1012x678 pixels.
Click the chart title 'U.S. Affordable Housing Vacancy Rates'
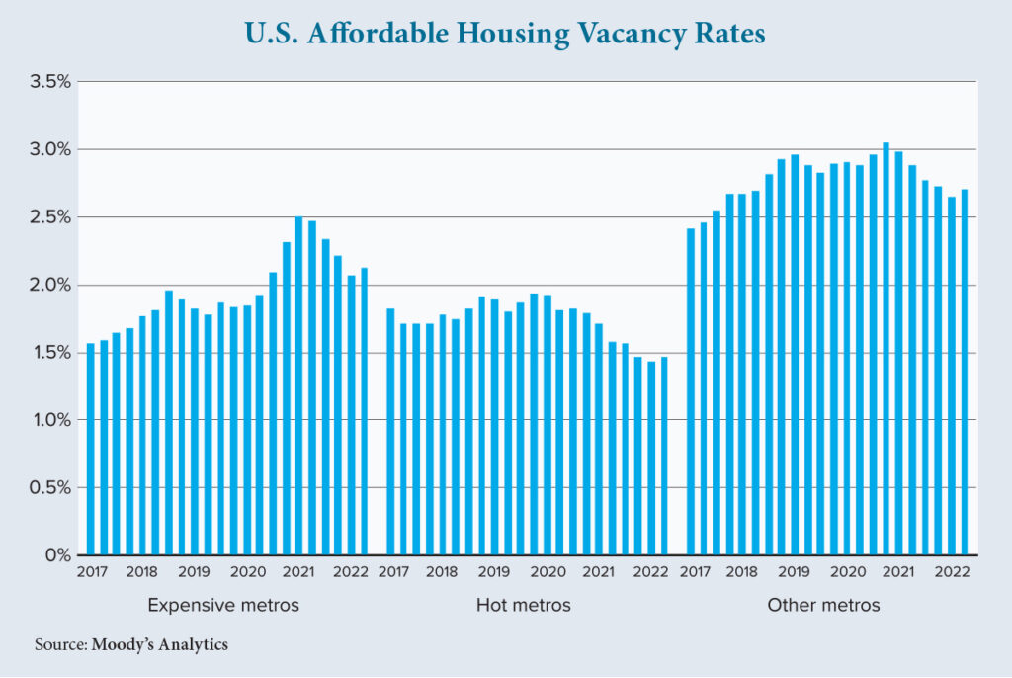(x=505, y=34)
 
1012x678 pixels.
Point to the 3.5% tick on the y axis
(x=50, y=81)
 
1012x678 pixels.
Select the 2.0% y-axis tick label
(x=50, y=285)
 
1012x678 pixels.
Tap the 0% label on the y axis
(x=59, y=555)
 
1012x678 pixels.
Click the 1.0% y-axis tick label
(x=50, y=420)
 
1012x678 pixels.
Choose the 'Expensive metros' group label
(x=223, y=604)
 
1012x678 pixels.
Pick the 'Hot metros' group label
(x=523, y=604)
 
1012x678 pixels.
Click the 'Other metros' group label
(x=823, y=604)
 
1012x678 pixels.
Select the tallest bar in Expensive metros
(x=299, y=385)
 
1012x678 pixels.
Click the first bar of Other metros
(x=691, y=391)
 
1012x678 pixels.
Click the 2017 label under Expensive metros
(x=91, y=572)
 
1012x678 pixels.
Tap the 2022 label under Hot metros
(x=650, y=572)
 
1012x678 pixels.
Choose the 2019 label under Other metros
(x=794, y=572)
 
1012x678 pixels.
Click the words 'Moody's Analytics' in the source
(x=160, y=645)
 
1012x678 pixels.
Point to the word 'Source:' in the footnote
(x=61, y=645)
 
